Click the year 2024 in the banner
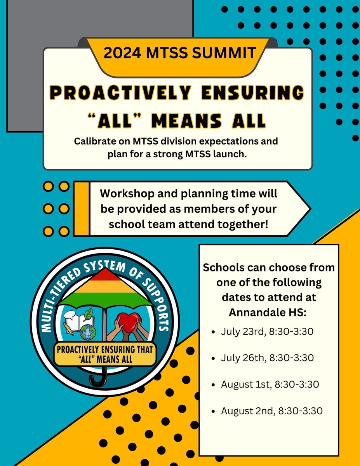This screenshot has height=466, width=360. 121,52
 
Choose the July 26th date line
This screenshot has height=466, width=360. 267,358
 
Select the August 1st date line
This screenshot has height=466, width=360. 270,384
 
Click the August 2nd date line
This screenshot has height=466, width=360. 271,410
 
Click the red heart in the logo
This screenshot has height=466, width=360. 129,321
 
